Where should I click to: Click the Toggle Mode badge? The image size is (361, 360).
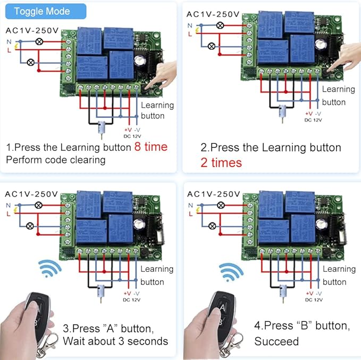[x=42, y=11]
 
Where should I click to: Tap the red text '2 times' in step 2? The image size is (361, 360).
[x=221, y=162]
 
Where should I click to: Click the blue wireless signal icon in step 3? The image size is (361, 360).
[x=51, y=269]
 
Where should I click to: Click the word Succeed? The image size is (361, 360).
[x=276, y=341]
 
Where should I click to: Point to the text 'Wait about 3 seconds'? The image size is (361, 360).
[x=115, y=341]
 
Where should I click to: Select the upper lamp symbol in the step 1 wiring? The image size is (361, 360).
[x=38, y=41]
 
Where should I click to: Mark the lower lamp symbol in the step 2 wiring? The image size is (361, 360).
[x=212, y=46]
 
